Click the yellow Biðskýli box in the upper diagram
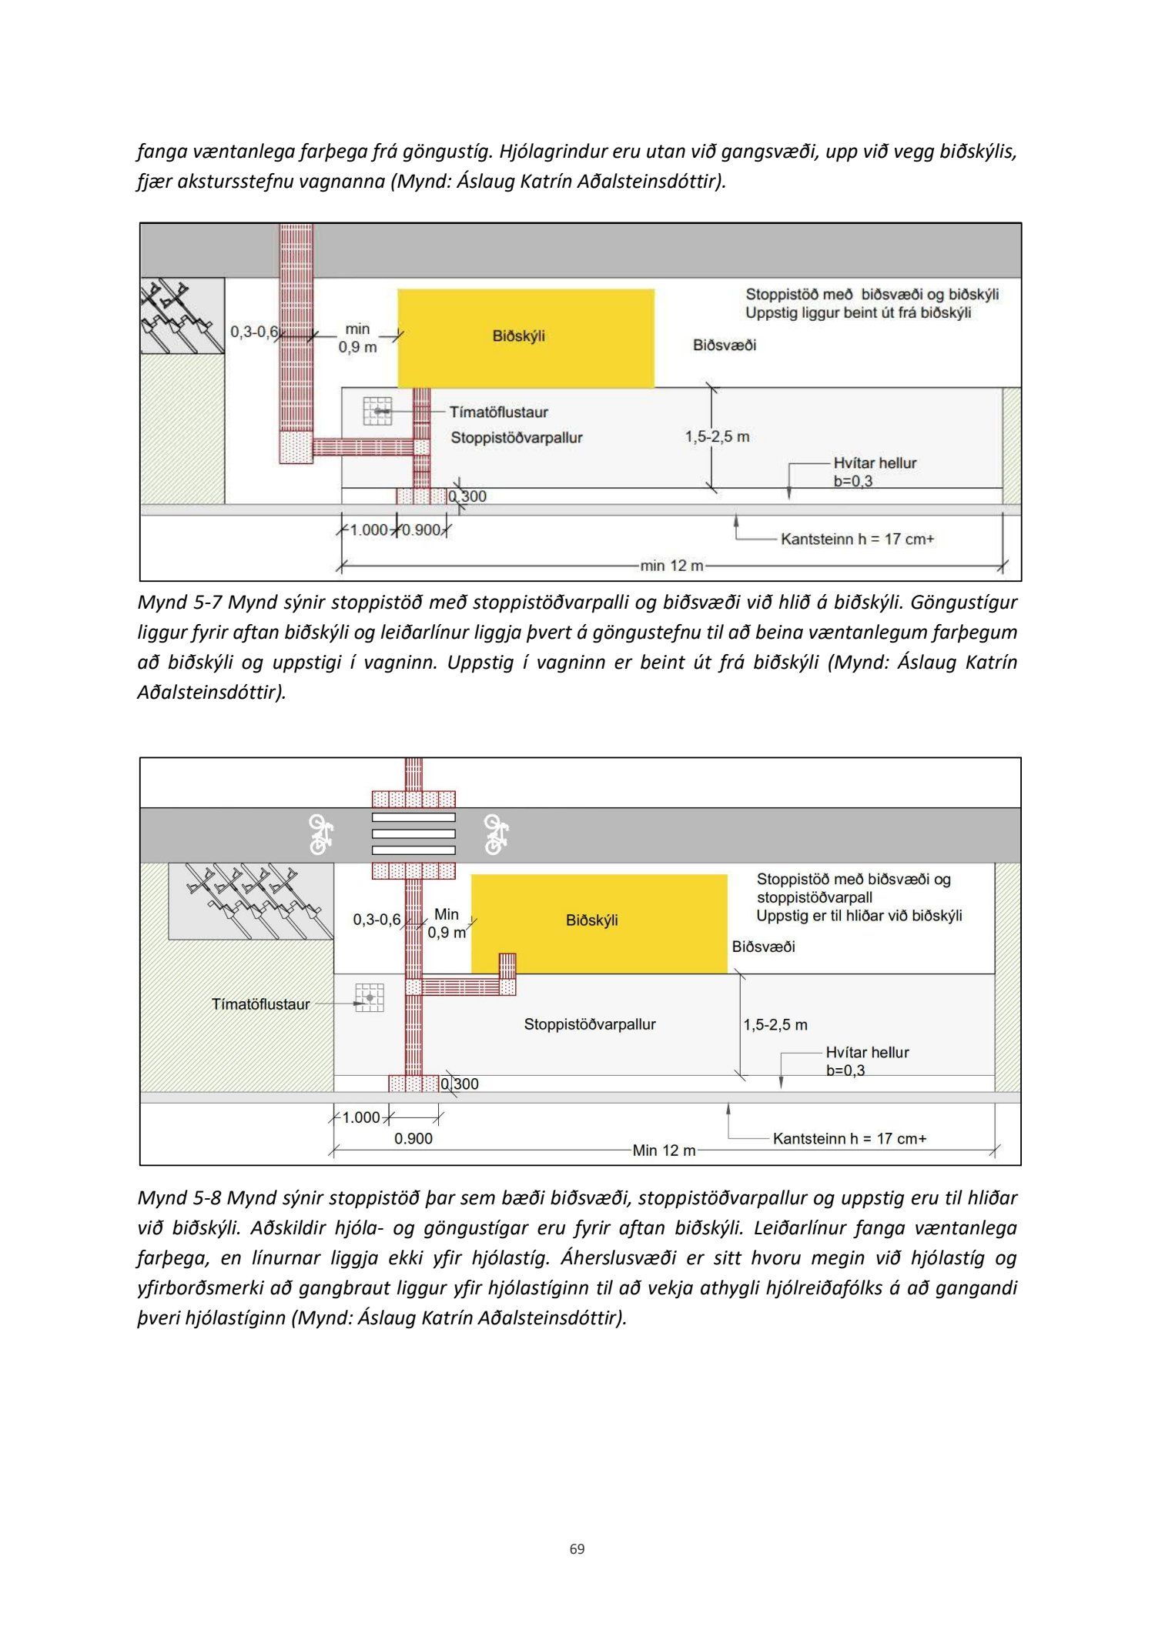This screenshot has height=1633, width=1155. click(x=525, y=338)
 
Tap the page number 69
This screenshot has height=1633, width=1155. click(x=577, y=1548)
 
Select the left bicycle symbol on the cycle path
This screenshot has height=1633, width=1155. click(x=320, y=834)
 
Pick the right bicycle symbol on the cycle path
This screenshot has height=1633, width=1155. click(x=495, y=834)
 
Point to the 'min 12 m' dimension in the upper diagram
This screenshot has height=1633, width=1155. click(x=671, y=566)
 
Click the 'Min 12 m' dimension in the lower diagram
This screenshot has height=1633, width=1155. click(x=664, y=1150)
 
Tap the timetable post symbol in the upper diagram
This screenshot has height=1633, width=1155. click(x=377, y=411)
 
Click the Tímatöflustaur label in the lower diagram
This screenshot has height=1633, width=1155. click(x=260, y=1004)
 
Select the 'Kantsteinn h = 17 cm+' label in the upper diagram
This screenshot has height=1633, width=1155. click(x=857, y=539)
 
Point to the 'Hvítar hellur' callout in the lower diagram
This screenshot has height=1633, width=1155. click(x=867, y=1052)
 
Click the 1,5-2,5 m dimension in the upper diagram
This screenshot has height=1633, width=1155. click(x=717, y=437)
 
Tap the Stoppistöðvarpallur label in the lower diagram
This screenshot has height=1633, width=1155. click(x=589, y=1024)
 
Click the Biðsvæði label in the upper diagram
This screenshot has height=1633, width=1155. click(x=724, y=345)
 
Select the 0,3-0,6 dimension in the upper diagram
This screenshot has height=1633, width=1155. click(x=253, y=332)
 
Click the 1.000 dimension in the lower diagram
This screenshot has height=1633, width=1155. click(x=361, y=1117)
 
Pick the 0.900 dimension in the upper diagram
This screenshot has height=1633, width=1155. click(x=421, y=530)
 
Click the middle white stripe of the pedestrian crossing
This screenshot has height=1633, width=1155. click(x=413, y=834)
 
